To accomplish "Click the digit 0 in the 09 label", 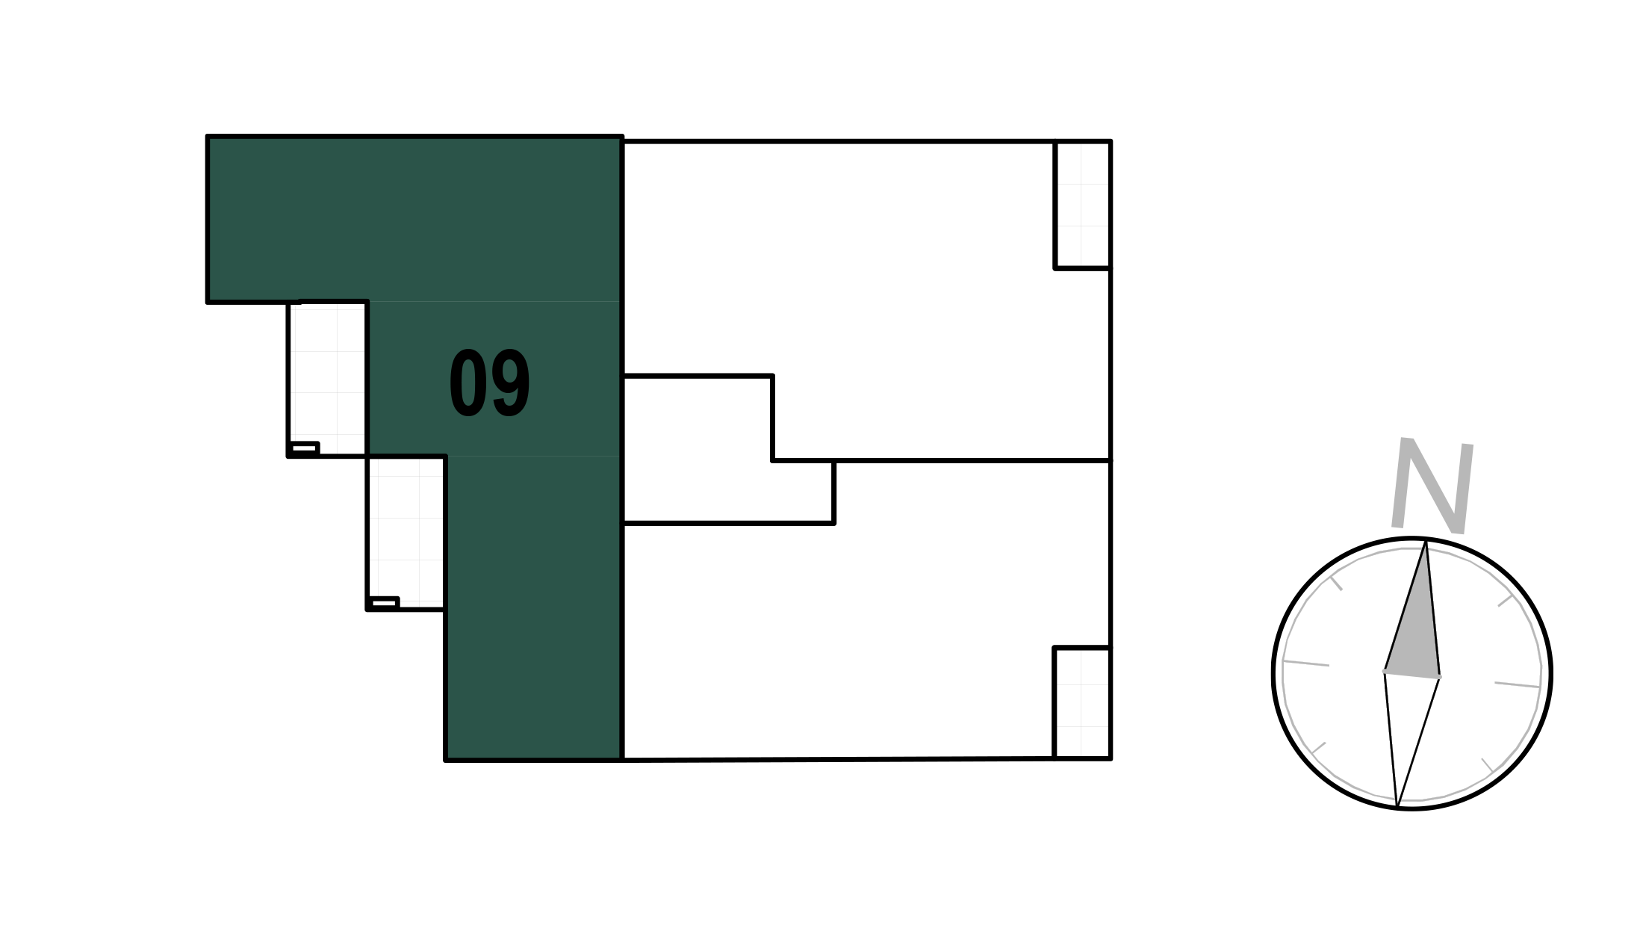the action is point(467,383).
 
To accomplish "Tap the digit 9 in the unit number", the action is point(512,383).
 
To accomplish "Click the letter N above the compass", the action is point(1432,486).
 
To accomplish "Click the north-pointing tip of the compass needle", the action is point(1426,540).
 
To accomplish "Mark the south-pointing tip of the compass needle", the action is point(1397,807).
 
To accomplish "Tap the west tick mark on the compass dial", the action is point(1306,663).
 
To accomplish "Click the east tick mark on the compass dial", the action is point(1518,684).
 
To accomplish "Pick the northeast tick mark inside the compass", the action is point(1506,600).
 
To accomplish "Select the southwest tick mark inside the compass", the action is point(1318,749).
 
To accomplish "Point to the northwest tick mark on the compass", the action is point(1336,584).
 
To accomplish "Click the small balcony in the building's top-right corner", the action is point(1083,205).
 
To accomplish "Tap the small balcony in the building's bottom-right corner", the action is point(1083,703).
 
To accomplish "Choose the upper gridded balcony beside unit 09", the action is point(328,379).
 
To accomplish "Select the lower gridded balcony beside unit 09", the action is point(406,533).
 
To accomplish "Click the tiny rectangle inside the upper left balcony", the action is point(304,448).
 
